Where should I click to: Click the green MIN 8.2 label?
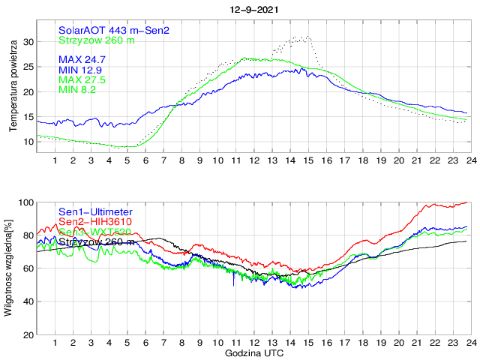[x=78, y=89]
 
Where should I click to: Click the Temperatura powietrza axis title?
[x=13, y=88]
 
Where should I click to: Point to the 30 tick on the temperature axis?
[x=28, y=42]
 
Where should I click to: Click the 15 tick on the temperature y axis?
[x=28, y=117]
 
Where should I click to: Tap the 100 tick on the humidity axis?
[x=25, y=202]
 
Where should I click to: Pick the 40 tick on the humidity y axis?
[x=28, y=301]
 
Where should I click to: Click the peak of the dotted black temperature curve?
[x=307, y=36]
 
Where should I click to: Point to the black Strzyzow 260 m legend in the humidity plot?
[x=97, y=241]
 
